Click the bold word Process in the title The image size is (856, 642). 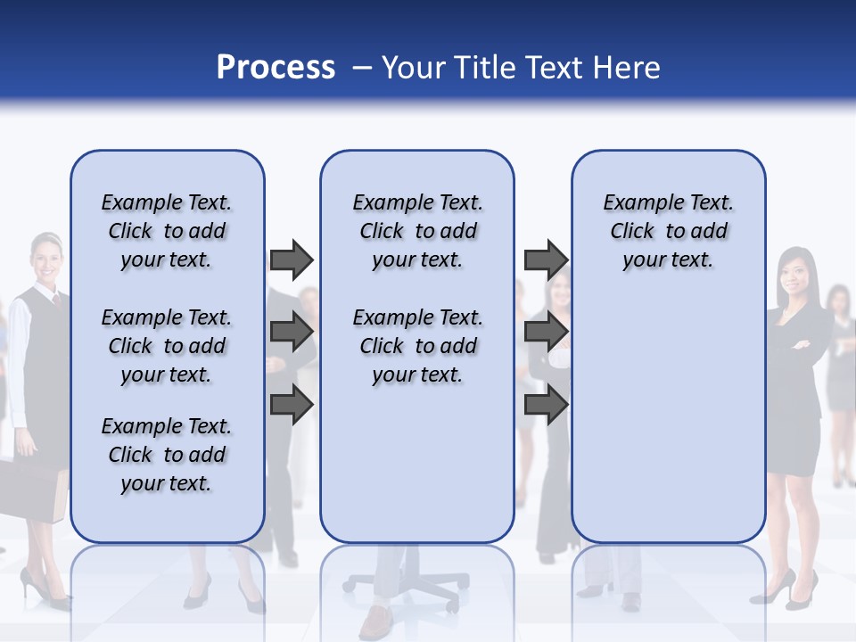click(x=276, y=68)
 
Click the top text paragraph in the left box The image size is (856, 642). click(x=167, y=231)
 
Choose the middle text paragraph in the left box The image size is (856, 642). click(x=167, y=346)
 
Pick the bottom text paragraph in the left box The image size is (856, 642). click(x=167, y=455)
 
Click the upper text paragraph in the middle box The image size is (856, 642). click(x=417, y=231)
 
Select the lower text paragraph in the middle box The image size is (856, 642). click(x=417, y=346)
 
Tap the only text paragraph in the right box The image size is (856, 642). click(x=668, y=231)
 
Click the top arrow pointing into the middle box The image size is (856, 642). click(x=292, y=260)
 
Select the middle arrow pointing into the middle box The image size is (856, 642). click(x=292, y=333)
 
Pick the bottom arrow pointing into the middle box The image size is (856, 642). click(x=292, y=405)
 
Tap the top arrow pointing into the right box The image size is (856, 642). click(x=546, y=260)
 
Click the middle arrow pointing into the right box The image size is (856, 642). click(x=546, y=333)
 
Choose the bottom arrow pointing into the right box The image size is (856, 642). click(x=546, y=405)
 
